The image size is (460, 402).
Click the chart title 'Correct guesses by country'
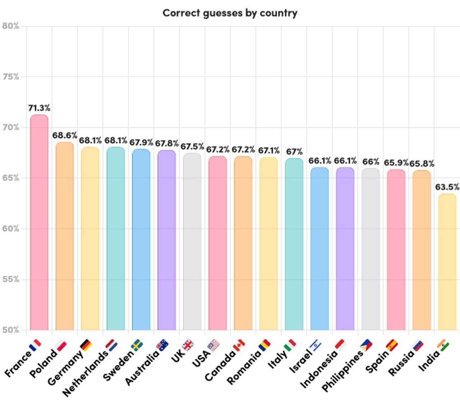(230, 13)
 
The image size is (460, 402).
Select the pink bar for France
(39, 223)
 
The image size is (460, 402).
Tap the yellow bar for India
(447, 262)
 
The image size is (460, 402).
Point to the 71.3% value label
(39, 108)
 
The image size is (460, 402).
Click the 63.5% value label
(447, 187)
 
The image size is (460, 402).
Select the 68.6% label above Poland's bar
(65, 135)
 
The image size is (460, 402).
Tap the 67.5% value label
(192, 146)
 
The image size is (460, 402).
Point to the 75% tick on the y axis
(10, 77)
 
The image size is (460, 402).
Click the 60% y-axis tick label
(10, 229)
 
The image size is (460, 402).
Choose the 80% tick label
(10, 26)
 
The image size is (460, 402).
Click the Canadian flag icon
(239, 346)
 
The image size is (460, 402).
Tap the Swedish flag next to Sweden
(137, 345)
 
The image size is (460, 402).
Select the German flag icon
(86, 345)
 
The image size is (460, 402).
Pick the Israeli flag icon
(316, 346)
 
